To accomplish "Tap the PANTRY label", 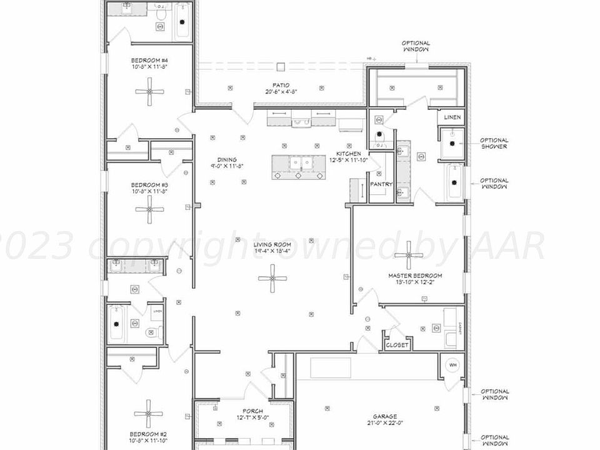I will point(381,184).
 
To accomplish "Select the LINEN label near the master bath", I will point(452,117).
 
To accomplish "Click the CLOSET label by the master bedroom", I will point(397,345).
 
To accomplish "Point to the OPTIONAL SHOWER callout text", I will point(494,143).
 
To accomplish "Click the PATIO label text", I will point(280,86).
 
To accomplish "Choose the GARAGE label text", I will point(385,416).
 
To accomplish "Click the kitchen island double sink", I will point(299,164).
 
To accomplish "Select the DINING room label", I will point(227,159).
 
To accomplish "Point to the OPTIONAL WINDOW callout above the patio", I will point(416,46).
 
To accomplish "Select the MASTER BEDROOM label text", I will point(415,276).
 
